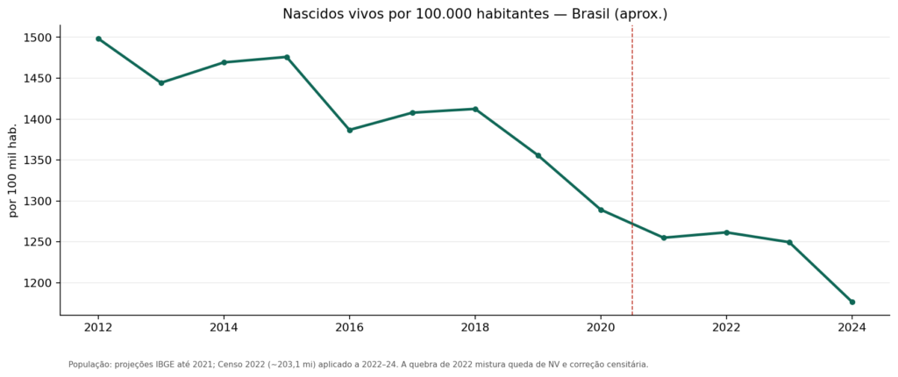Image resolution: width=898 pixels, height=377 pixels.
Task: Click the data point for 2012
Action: (x=98, y=39)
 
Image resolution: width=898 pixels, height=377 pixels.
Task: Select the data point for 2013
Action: (x=161, y=83)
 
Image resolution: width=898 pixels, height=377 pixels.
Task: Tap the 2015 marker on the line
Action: (x=287, y=57)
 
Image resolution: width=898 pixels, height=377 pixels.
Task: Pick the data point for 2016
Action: (x=350, y=130)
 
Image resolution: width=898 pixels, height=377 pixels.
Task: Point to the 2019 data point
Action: (x=538, y=156)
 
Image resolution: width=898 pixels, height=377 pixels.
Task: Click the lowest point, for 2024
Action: (x=852, y=302)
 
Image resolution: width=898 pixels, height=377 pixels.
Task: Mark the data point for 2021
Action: (x=664, y=238)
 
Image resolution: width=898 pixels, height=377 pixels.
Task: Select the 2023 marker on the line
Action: (x=789, y=242)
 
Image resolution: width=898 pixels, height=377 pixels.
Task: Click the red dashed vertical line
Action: (x=632, y=170)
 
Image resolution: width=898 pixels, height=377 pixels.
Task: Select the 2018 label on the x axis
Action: (x=475, y=328)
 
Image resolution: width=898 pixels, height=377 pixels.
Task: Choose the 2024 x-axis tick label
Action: (x=852, y=328)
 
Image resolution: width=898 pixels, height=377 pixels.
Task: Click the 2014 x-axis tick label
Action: (x=224, y=328)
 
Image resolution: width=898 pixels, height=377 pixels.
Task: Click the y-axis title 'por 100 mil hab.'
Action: (x=14, y=170)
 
